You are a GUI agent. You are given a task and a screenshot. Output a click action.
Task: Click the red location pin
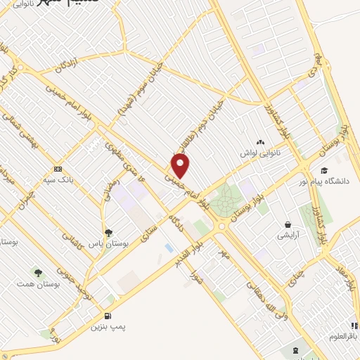click(181, 166)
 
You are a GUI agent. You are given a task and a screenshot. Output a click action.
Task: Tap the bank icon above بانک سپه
click(58, 169)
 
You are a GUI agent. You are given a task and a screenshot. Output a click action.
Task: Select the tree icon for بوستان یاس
click(108, 232)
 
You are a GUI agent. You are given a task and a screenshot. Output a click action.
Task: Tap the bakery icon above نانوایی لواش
click(261, 141)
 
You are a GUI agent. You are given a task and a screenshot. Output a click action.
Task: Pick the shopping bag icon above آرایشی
click(288, 225)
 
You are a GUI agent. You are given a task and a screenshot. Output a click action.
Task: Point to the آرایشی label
click(288, 236)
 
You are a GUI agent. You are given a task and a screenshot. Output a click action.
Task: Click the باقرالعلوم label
click(344, 335)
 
